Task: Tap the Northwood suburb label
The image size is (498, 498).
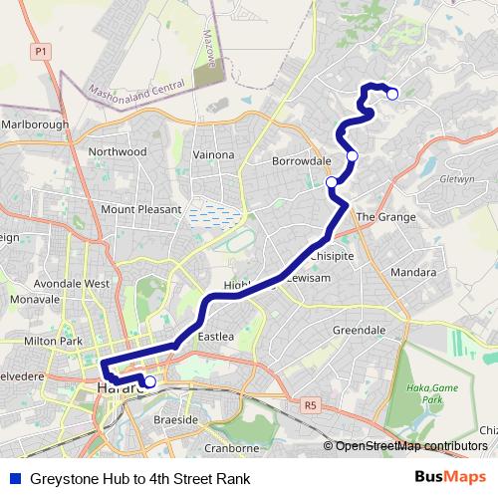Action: coord(117,152)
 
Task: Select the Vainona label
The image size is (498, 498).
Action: coord(212,155)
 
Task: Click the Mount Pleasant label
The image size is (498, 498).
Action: coord(141,210)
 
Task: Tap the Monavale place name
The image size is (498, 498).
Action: coord(36,299)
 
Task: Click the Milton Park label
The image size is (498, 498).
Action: coord(53,341)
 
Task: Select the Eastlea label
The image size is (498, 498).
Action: coord(215,338)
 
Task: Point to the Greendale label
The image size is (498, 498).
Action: coord(359,330)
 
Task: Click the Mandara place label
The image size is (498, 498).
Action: coord(413,272)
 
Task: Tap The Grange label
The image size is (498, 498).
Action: coord(377,216)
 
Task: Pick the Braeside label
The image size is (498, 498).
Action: coord(176,421)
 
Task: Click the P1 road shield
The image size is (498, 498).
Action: coord(41,50)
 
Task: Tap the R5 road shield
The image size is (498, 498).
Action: coord(311,405)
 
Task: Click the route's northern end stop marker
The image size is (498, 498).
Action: coord(392,95)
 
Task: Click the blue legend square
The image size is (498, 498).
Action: coord(14,478)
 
